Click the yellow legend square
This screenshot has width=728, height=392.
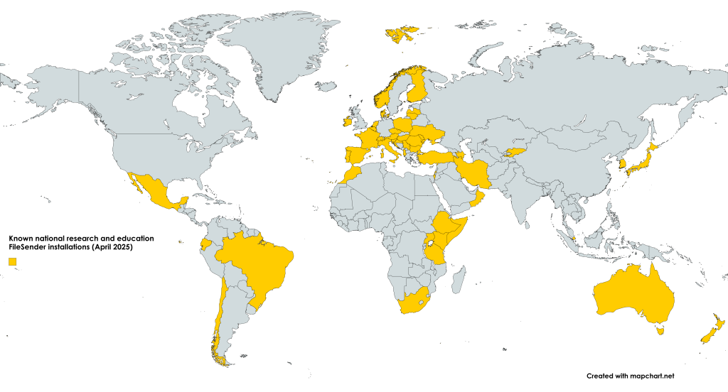click(12, 262)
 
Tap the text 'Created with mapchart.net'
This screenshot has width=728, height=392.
click(630, 375)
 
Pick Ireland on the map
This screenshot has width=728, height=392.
click(347, 121)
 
